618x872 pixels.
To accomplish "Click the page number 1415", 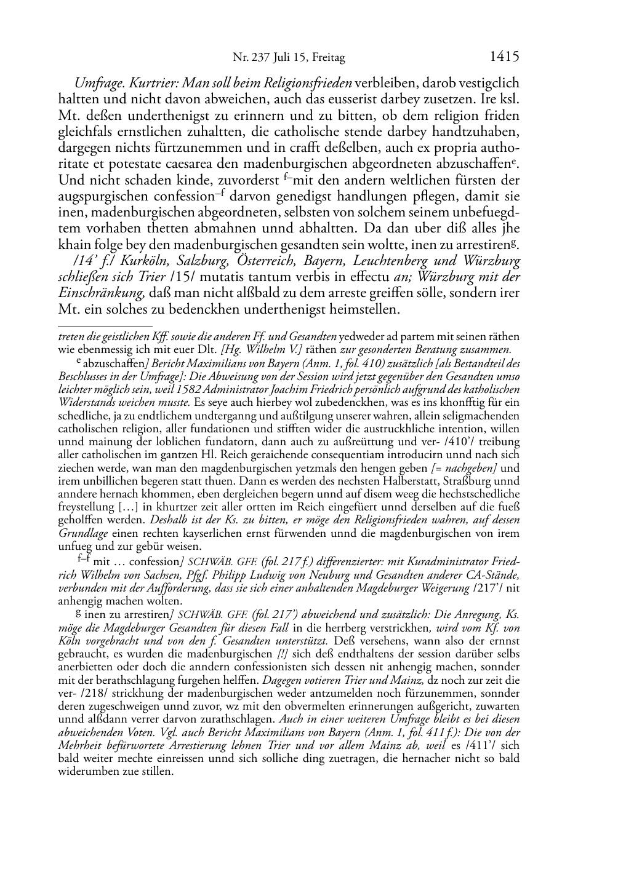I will click(505, 57).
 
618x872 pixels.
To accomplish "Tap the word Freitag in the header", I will click(329, 58).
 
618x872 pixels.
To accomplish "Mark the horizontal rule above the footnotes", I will click(105, 326).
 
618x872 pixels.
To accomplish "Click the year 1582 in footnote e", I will click(203, 389).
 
